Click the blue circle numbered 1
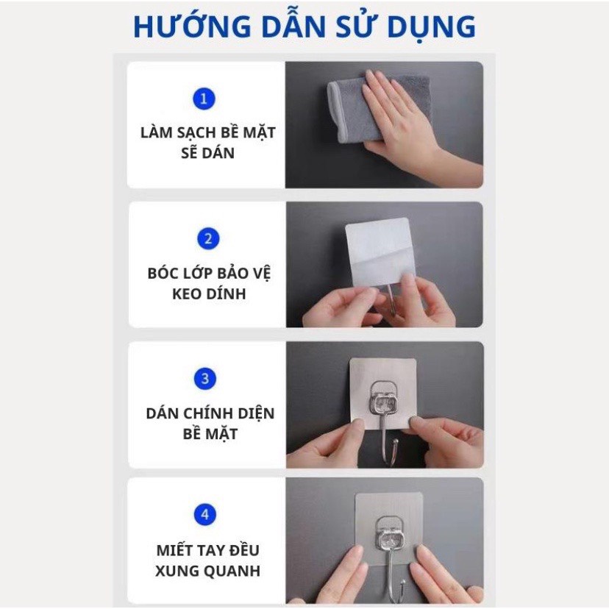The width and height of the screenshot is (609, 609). [204, 99]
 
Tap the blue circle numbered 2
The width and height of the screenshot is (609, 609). [208, 238]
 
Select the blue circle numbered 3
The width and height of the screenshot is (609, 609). [205, 378]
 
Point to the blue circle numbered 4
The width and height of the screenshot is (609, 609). [205, 515]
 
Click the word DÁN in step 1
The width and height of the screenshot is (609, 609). [219, 153]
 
